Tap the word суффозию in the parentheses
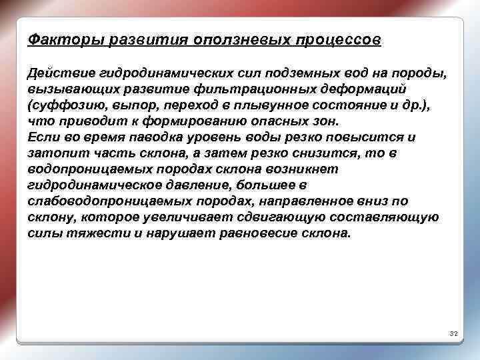(x=63, y=105)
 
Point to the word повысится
(x=361, y=137)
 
